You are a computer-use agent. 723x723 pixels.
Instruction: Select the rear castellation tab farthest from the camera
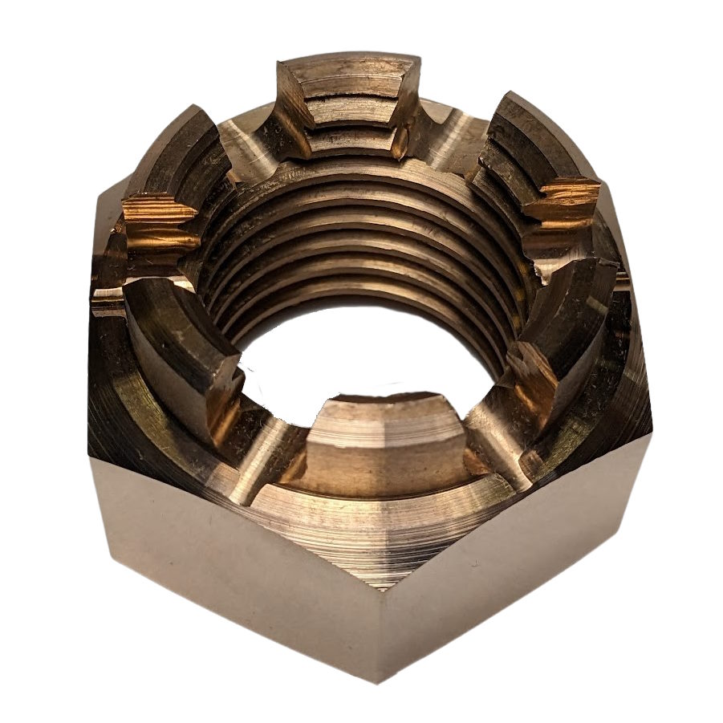click(349, 96)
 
